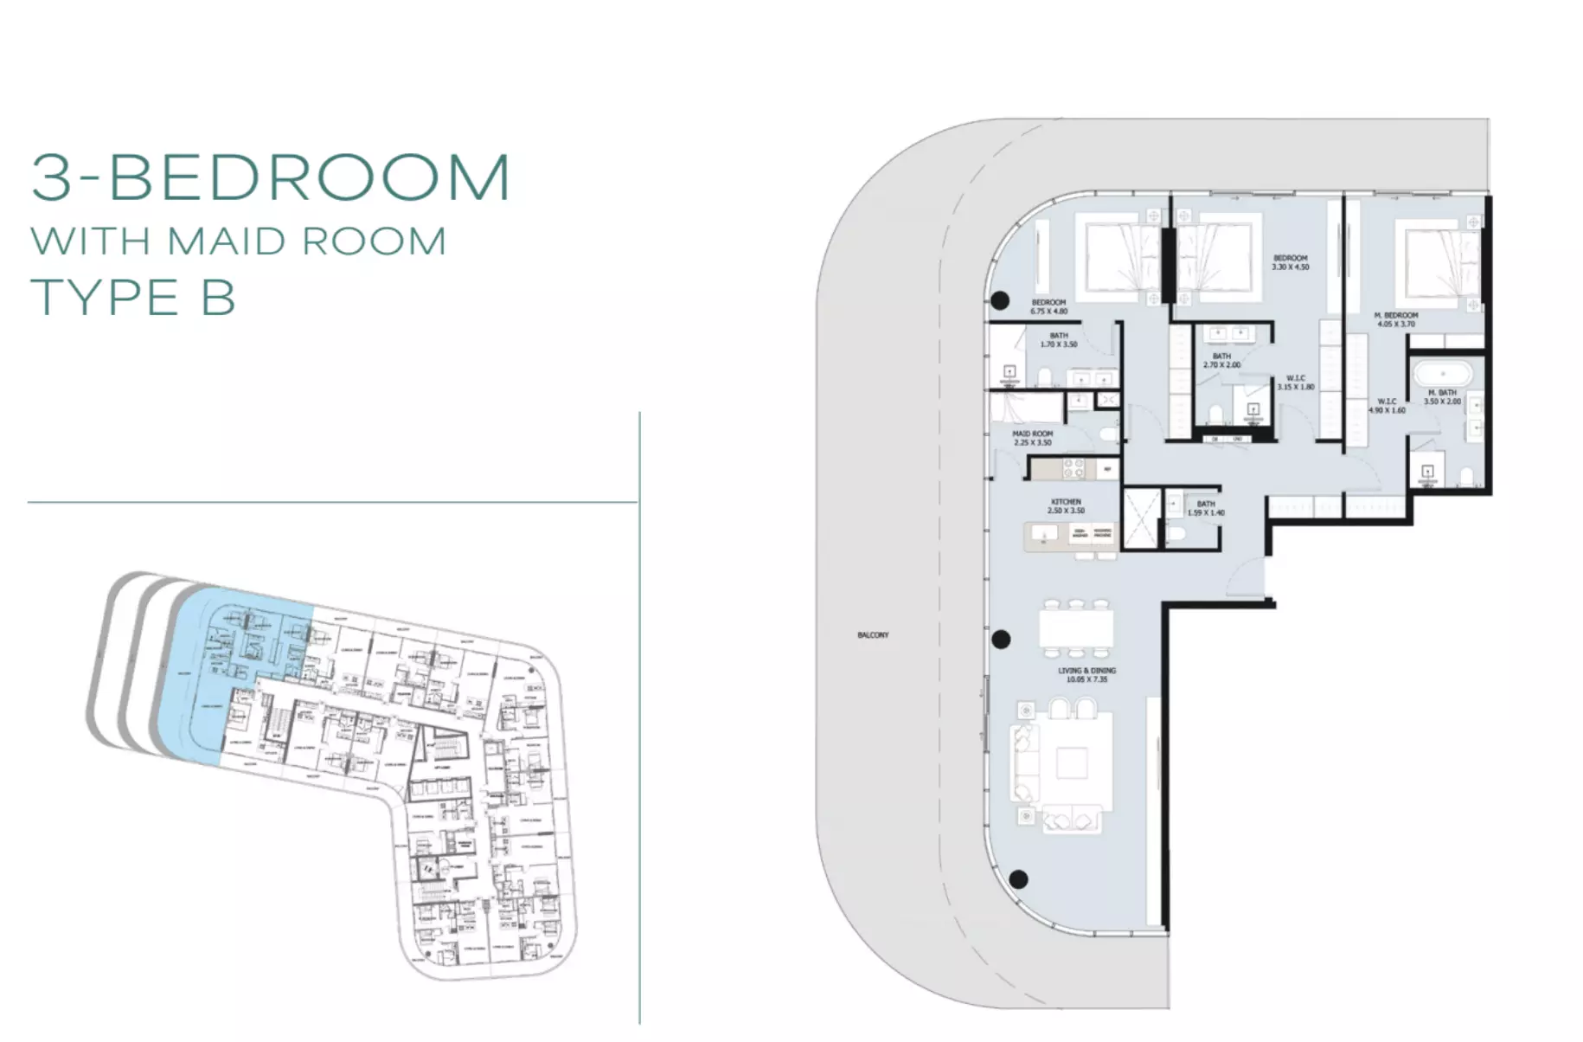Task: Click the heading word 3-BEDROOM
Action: [270, 177]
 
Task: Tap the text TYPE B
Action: [132, 298]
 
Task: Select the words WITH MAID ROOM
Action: [238, 241]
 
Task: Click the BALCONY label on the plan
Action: [873, 635]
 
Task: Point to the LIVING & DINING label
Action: [1086, 675]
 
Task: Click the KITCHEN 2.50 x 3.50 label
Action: [1066, 506]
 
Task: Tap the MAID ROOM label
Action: [1032, 438]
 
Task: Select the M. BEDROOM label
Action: [1395, 319]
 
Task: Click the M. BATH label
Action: [1442, 396]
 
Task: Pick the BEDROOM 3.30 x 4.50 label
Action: [1290, 262]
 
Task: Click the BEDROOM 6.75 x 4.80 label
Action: [1048, 306]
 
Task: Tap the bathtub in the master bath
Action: [1442, 374]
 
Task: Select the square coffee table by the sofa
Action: [1072, 763]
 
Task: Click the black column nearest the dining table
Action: [1001, 640]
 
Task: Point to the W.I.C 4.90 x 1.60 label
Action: [1387, 405]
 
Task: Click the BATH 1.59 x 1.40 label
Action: [1206, 508]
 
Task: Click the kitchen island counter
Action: [1070, 537]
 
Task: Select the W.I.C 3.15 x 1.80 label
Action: [1295, 383]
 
